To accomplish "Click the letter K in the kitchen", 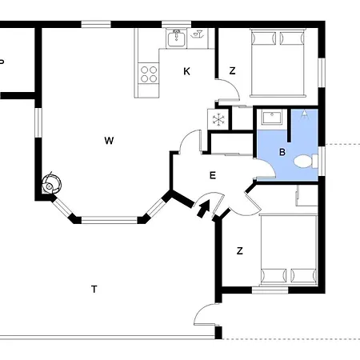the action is (186, 71).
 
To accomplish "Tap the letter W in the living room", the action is (109, 141).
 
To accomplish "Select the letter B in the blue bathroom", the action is (282, 152).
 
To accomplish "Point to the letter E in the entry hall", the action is (213, 175).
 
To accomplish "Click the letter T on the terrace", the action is (94, 289).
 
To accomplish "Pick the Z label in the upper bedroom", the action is (233, 71).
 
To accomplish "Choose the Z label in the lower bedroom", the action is (240, 251).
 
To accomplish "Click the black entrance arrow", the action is (203, 209).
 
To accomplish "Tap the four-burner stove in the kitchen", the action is (149, 74).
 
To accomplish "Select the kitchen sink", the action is (176, 38).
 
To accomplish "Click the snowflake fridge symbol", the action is (218, 119).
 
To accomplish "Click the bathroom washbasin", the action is (272, 118).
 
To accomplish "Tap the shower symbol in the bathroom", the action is (304, 115).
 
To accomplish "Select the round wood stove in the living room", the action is (51, 184).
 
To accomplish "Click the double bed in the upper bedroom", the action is (278, 63).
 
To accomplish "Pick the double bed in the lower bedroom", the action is (289, 250).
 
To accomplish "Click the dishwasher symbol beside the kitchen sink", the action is (198, 34).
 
